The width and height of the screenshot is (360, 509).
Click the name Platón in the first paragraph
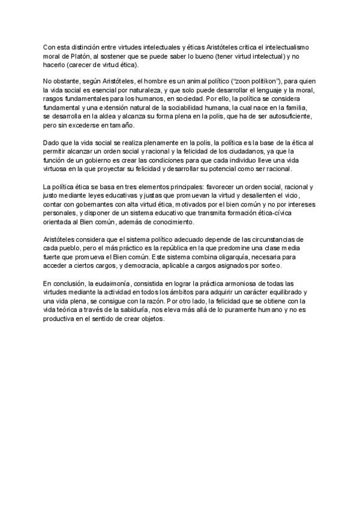(x=72, y=56)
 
